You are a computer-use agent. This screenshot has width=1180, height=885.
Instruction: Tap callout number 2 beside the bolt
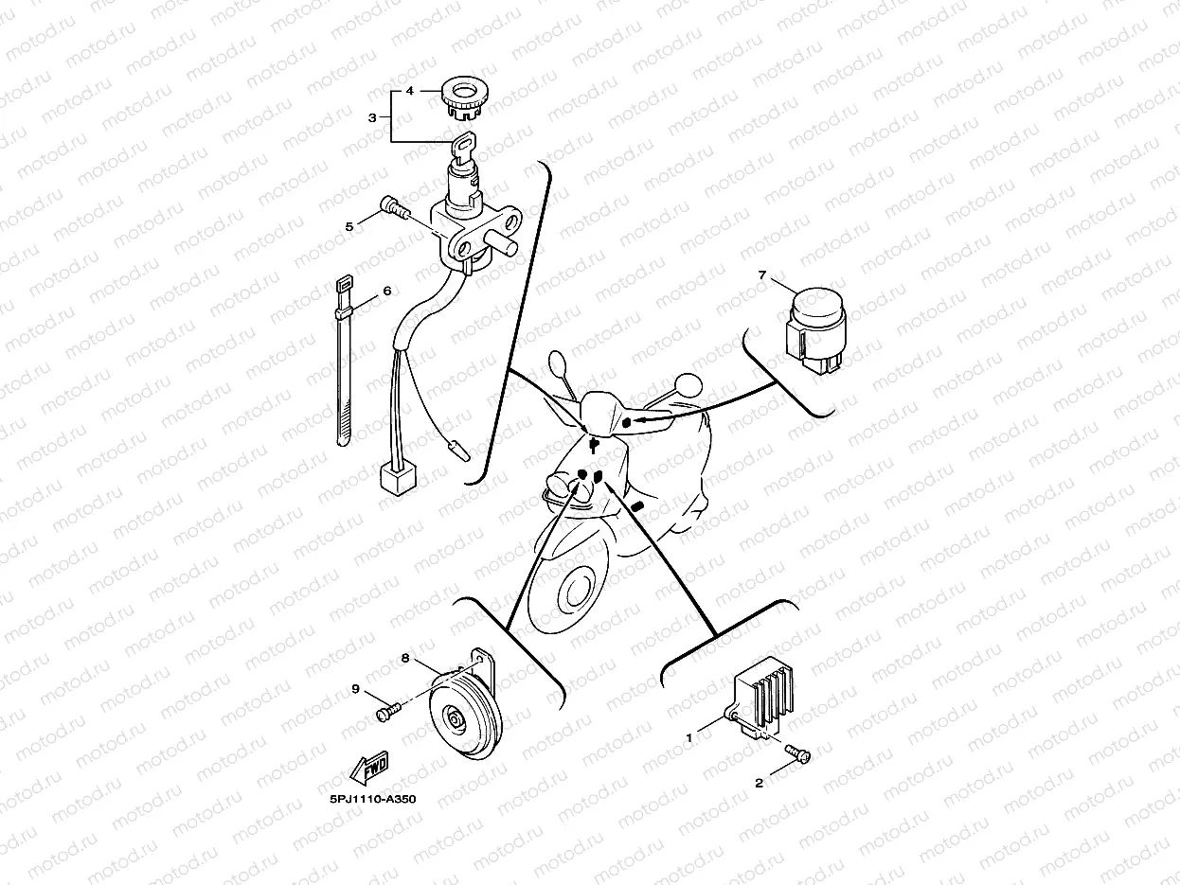click(x=759, y=783)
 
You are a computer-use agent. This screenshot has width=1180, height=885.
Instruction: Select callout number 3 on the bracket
click(x=372, y=117)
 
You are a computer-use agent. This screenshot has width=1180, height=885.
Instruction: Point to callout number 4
click(x=410, y=92)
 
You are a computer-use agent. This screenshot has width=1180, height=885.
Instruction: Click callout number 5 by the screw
click(x=349, y=226)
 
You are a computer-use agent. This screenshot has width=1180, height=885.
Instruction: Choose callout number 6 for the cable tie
click(x=386, y=292)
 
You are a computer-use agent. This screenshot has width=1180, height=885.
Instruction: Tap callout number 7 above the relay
click(x=761, y=275)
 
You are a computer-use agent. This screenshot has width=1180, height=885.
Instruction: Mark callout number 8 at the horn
click(x=405, y=657)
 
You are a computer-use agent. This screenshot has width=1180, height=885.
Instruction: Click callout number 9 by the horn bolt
click(x=356, y=689)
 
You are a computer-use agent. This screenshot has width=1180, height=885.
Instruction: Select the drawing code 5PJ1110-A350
click(x=372, y=799)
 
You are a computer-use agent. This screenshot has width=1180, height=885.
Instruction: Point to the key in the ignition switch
click(x=461, y=148)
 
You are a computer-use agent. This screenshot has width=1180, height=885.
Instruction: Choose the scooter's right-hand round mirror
click(x=688, y=383)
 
